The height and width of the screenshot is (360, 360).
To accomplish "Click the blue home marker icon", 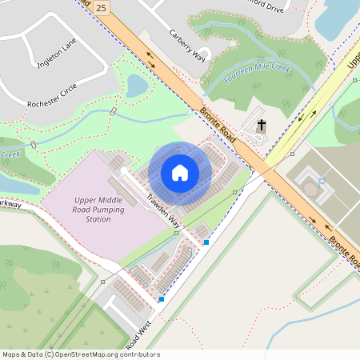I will point(179,172).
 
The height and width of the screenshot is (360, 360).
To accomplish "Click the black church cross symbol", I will point(261,126).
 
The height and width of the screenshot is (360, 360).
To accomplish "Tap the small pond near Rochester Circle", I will point(137,85).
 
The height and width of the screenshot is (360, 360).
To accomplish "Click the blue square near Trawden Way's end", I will point(206,242).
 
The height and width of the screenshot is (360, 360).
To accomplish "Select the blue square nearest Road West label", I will point(162,299).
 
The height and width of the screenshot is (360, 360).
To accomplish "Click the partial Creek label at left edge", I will point(9,155).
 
